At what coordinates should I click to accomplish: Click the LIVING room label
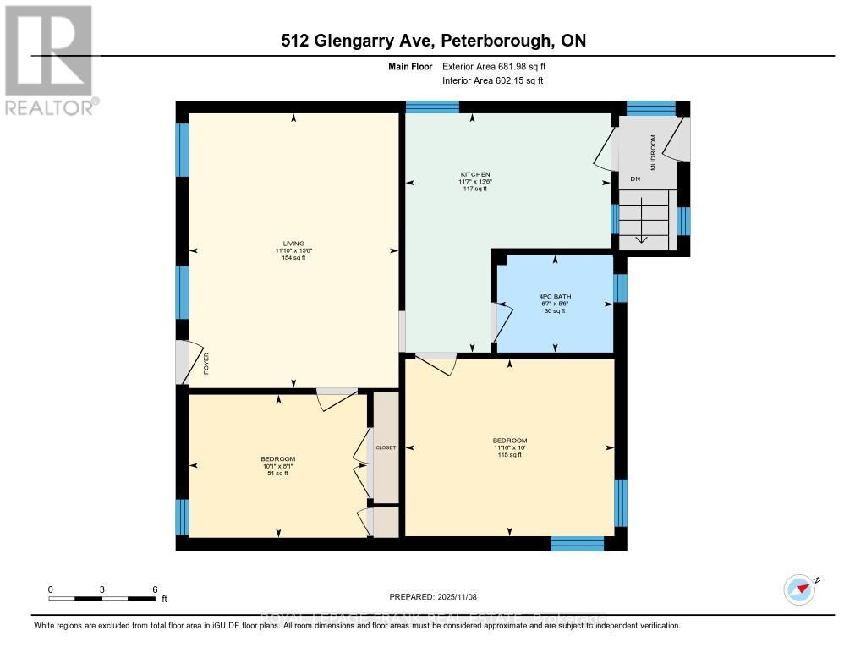click(x=293, y=244)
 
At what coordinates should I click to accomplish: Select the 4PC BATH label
click(x=555, y=296)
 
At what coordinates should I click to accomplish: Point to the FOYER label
click(x=206, y=368)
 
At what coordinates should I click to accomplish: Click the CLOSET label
click(x=386, y=447)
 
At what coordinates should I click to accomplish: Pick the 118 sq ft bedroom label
click(x=509, y=441)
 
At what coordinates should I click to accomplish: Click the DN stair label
click(x=635, y=179)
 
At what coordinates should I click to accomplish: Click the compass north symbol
click(x=799, y=589)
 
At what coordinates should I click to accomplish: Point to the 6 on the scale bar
click(x=154, y=589)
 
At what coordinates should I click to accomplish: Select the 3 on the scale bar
click(x=102, y=589)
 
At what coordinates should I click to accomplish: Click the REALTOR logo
click(x=49, y=59)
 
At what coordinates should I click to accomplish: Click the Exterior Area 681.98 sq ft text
click(x=500, y=66)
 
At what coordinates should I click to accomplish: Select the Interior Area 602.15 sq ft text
click(x=493, y=80)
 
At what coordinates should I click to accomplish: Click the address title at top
click(x=433, y=41)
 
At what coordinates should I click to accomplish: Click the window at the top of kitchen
click(x=432, y=107)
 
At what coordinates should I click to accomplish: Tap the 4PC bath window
click(x=620, y=288)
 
